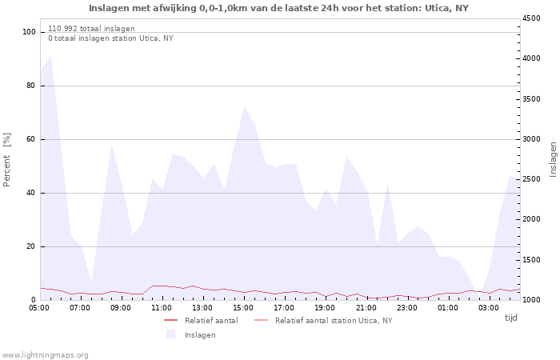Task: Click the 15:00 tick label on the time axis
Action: coord(243,308)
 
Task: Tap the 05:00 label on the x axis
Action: coord(40,308)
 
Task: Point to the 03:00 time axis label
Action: coord(488,308)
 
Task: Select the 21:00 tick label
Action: coord(366,308)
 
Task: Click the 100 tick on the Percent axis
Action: coord(30,32)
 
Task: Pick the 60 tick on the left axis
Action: coord(31,139)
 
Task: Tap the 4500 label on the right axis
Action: coord(531,18)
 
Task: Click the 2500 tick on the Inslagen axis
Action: coord(531,179)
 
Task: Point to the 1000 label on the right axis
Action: coord(531,300)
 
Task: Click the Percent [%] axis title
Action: coord(7,160)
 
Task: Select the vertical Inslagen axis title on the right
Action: coord(553,160)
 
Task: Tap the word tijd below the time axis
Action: coord(511,318)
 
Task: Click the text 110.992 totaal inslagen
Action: coord(91,29)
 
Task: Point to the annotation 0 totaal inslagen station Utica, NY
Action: coord(110,38)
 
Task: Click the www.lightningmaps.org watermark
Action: coord(44,355)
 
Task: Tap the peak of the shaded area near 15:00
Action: coord(244,107)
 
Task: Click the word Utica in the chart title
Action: coord(438,8)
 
